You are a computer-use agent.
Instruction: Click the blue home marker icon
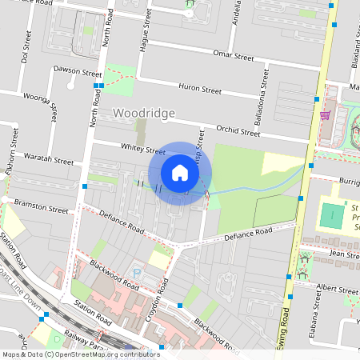pos(180,173)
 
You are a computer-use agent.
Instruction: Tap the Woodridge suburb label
pos(144,114)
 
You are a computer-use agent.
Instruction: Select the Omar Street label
pos(233,56)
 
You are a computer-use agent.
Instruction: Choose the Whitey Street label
pos(142,148)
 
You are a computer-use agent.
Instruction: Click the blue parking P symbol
pos(136,273)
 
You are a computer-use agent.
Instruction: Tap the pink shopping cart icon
pos(326,114)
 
